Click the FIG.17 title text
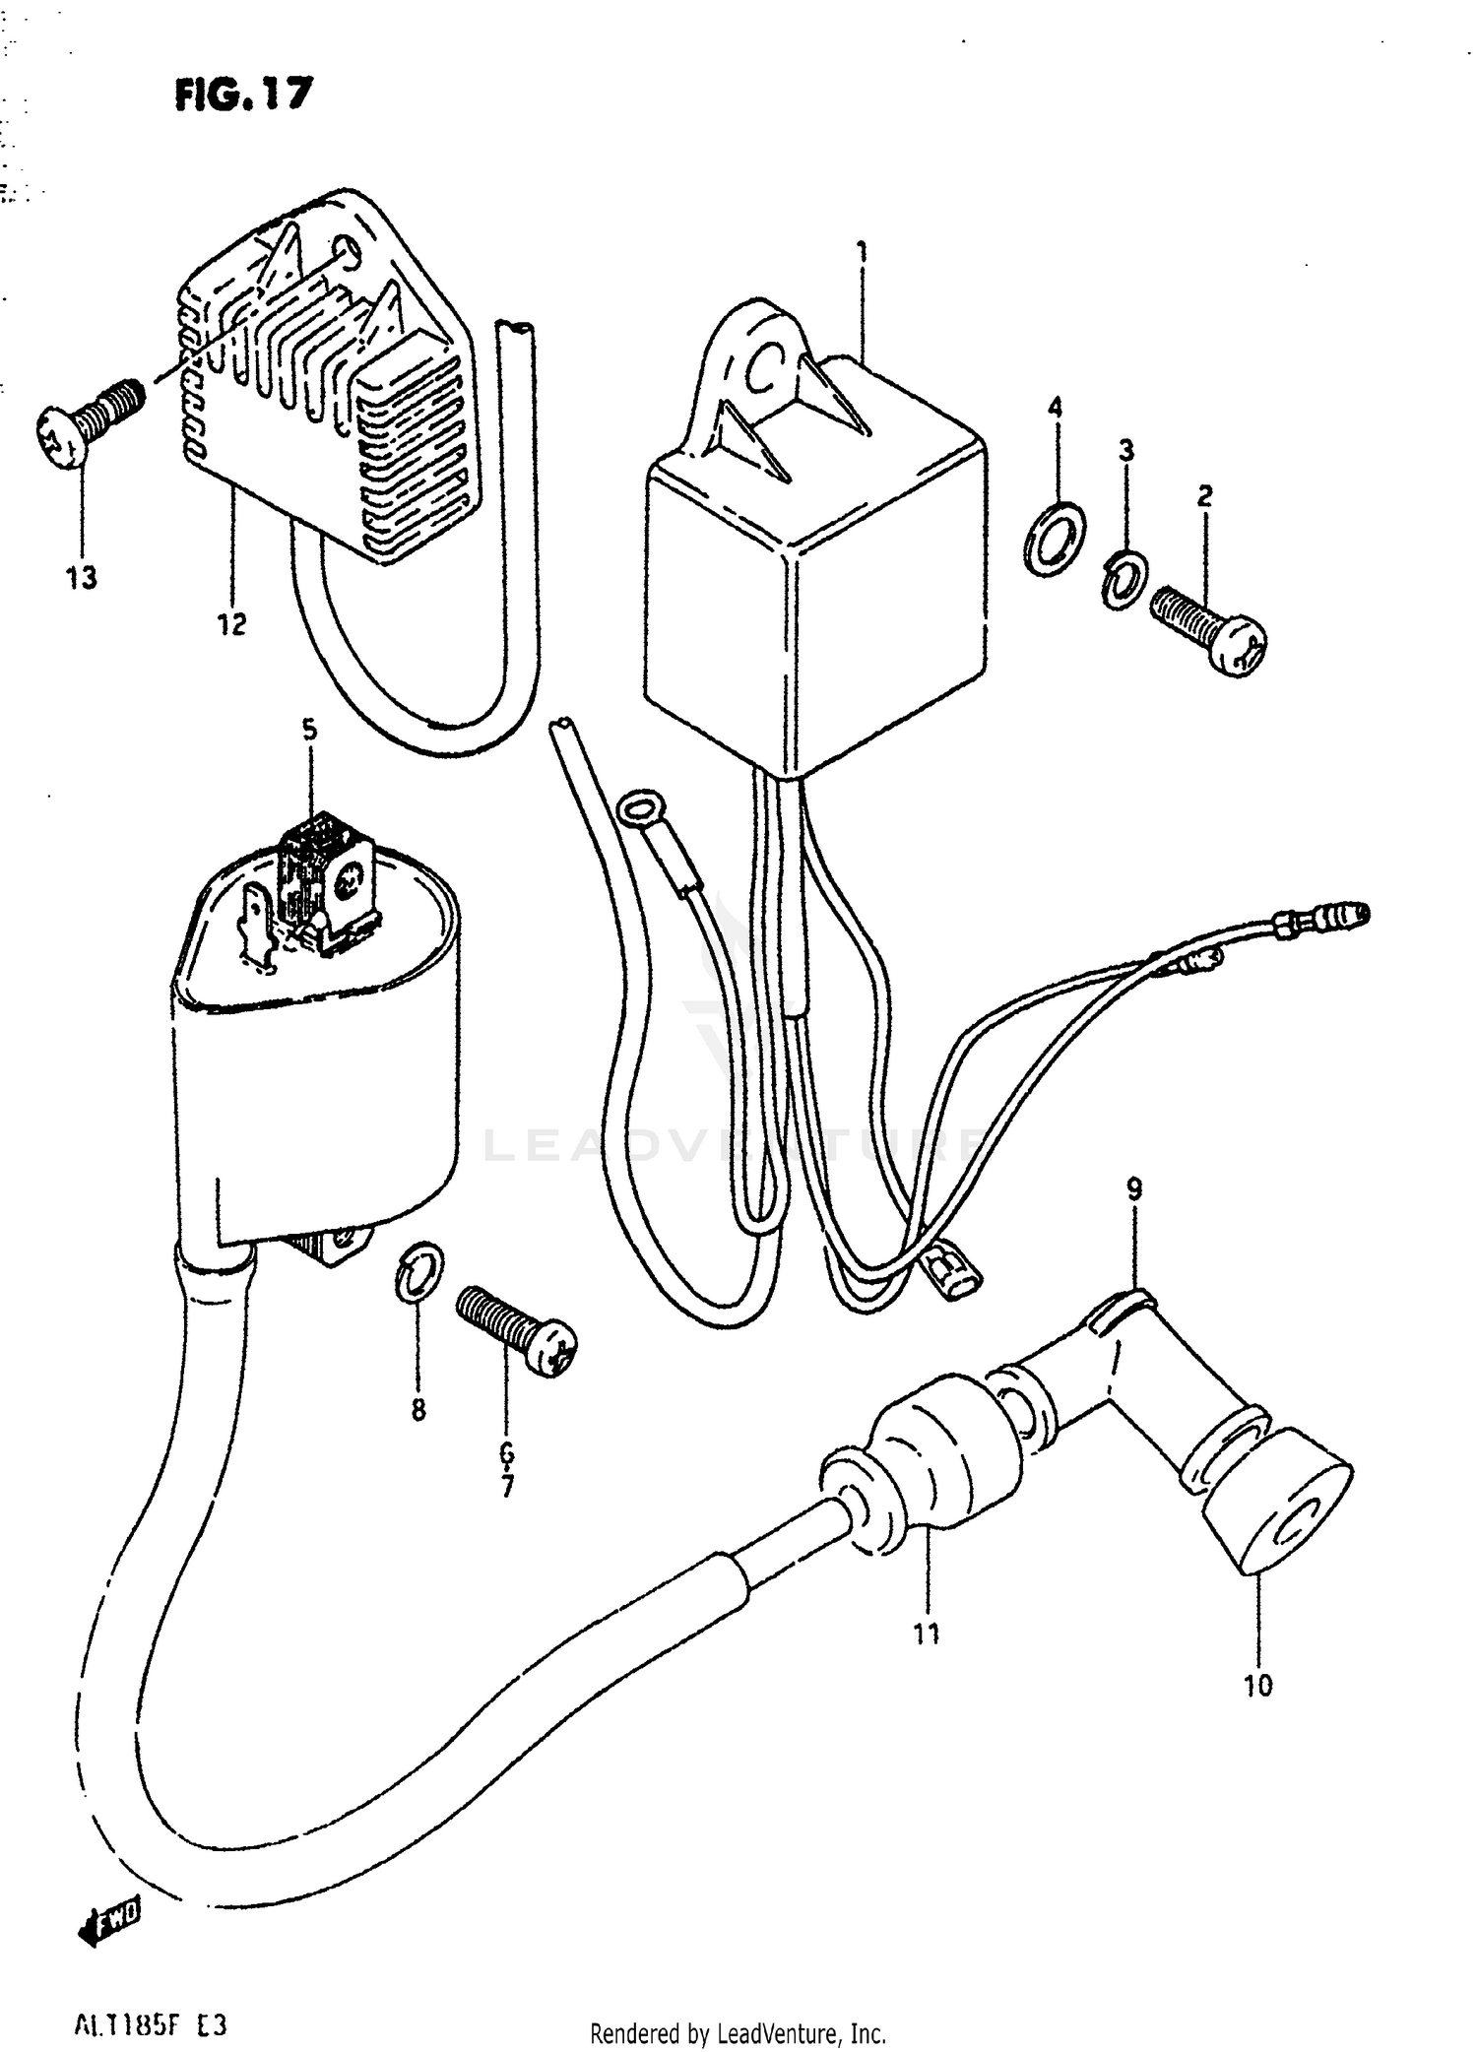coord(244,95)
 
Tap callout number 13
coord(82,578)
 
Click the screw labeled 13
coord(89,422)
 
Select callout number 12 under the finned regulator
coord(232,624)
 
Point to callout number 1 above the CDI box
coord(863,253)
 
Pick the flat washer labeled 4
coord(1055,538)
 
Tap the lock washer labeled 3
coord(1122,581)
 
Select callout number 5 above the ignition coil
coord(309,730)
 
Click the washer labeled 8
coord(418,1271)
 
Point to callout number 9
coord(1134,1189)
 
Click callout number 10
coord(1257,1686)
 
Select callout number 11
coord(926,1635)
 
